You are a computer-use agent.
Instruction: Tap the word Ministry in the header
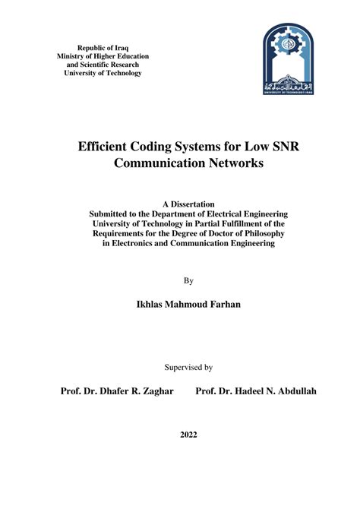(x=74, y=56)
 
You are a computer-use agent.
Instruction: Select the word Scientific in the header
(x=93, y=65)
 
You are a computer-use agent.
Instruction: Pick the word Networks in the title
(x=228, y=163)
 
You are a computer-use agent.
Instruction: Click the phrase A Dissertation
(x=189, y=204)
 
